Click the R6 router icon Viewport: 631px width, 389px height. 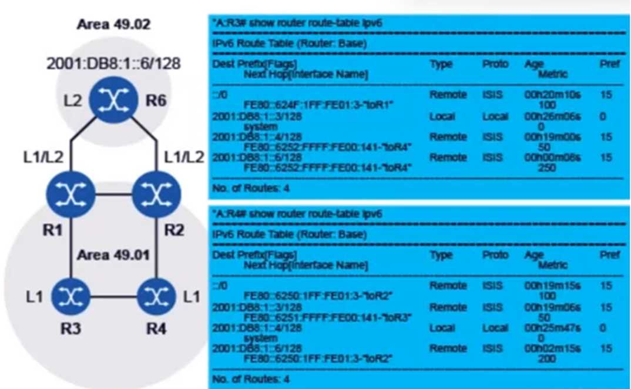113,100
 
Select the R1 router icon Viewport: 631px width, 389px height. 71,194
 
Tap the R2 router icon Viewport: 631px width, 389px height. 156,194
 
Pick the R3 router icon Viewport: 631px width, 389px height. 71,296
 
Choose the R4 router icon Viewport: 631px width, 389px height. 156,296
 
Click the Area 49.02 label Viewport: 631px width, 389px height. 113,25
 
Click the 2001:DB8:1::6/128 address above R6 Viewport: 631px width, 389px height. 113,63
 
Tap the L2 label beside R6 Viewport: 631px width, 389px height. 73,101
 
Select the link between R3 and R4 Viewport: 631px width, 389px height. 113,296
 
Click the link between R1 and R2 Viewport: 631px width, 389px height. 113,194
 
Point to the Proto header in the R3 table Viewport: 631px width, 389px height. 495,64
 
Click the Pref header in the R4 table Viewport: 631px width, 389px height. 609,255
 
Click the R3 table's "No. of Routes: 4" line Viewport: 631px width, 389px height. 251,189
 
